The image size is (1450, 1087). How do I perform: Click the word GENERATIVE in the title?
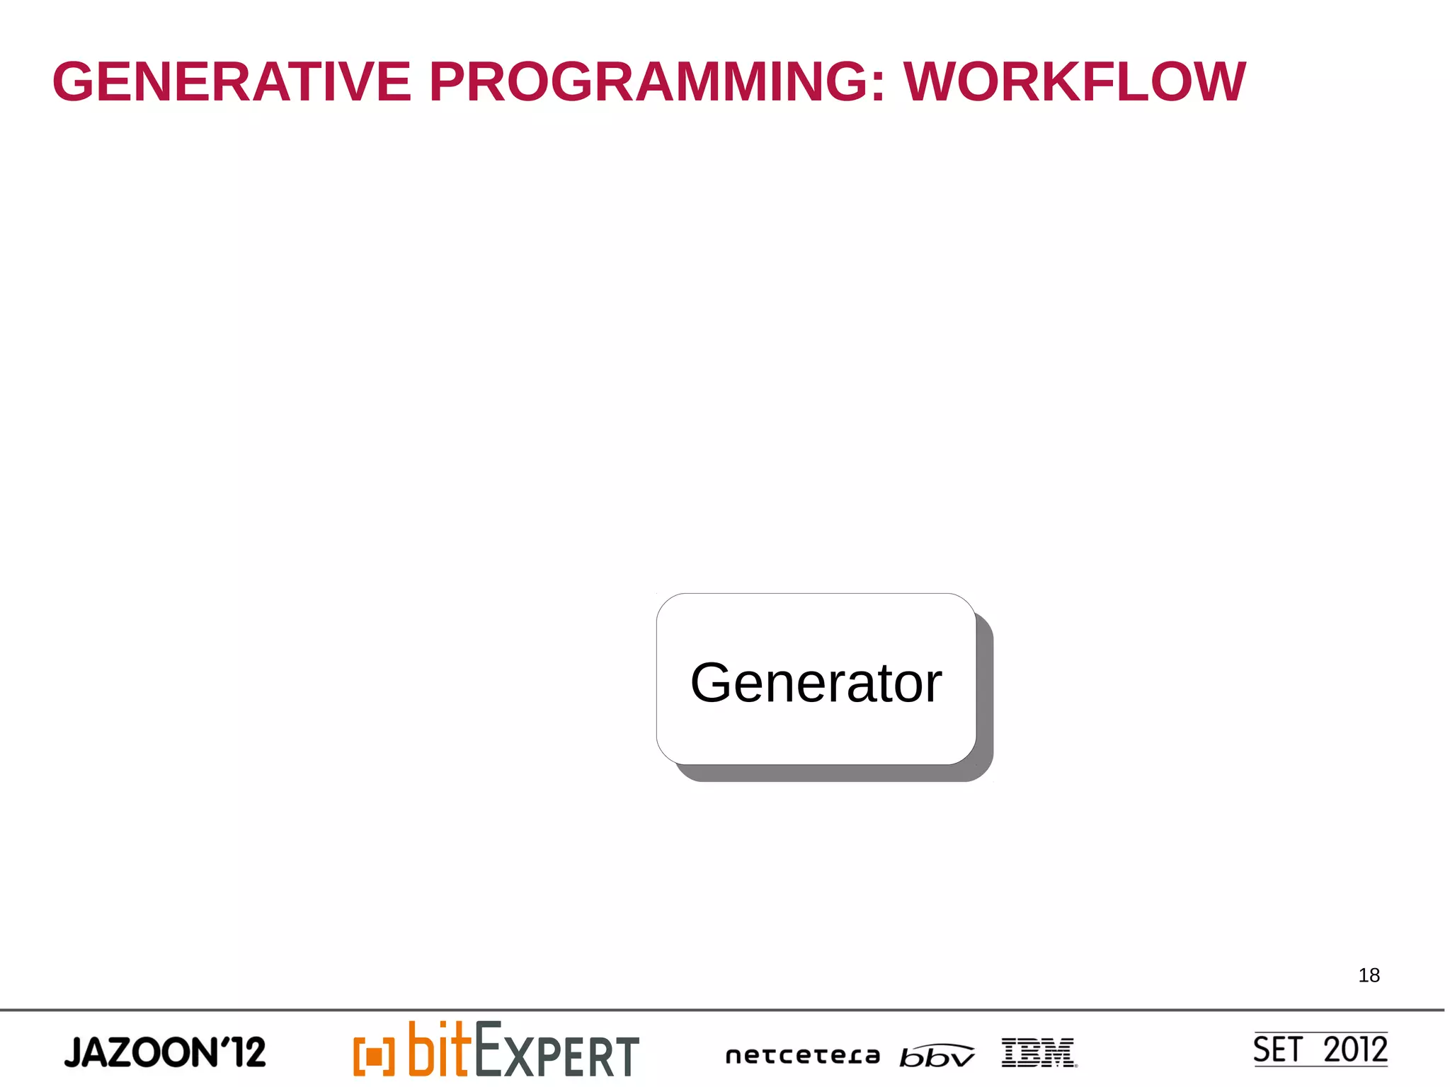pyautogui.click(x=232, y=82)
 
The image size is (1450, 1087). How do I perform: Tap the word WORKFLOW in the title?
pyautogui.click(x=1074, y=82)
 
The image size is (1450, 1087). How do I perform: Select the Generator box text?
pyautogui.click(x=816, y=683)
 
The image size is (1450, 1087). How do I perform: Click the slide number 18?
pyautogui.click(x=1369, y=975)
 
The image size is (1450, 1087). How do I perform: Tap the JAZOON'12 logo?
pyautogui.click(x=164, y=1052)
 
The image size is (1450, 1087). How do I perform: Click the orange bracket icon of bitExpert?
pyautogui.click(x=373, y=1056)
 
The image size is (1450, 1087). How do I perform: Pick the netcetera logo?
pyautogui.click(x=802, y=1056)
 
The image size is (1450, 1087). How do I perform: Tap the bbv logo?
pyautogui.click(x=936, y=1056)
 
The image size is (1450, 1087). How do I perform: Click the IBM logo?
pyautogui.click(x=1039, y=1052)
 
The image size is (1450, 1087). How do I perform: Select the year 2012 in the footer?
pyautogui.click(x=1355, y=1049)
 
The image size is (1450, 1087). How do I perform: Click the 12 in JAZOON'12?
pyautogui.click(x=248, y=1052)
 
